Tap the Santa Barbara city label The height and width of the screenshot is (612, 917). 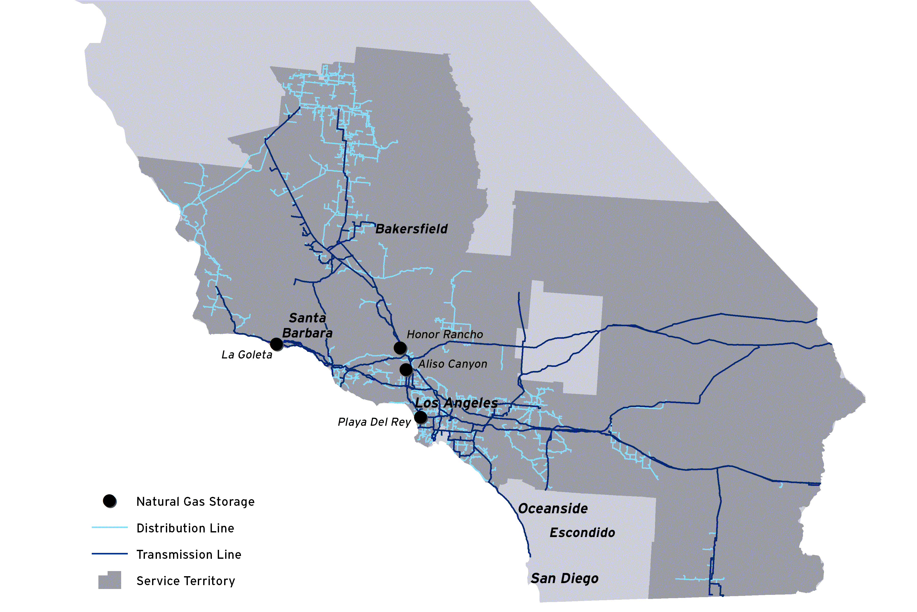(x=307, y=325)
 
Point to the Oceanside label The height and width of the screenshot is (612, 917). (x=553, y=509)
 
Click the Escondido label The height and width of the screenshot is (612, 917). (x=582, y=533)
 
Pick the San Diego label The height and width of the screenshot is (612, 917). (x=565, y=578)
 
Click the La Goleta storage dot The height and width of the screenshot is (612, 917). (x=277, y=344)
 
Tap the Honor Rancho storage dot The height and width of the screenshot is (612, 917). (x=400, y=347)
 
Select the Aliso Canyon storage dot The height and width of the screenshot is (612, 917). (x=406, y=369)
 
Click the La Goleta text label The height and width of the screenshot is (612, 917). (x=247, y=355)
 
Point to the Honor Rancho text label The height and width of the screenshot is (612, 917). (x=445, y=334)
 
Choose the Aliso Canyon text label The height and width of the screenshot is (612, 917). (x=453, y=364)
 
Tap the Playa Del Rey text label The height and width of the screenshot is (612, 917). (x=374, y=422)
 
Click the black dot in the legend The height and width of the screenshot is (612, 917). (x=110, y=501)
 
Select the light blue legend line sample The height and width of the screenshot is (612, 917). (x=110, y=528)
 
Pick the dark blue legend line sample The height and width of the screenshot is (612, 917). (x=110, y=554)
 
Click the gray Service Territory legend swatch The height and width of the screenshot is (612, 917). (x=110, y=580)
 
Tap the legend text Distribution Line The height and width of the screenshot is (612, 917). (x=185, y=528)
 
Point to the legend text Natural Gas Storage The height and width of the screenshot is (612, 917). (x=195, y=501)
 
